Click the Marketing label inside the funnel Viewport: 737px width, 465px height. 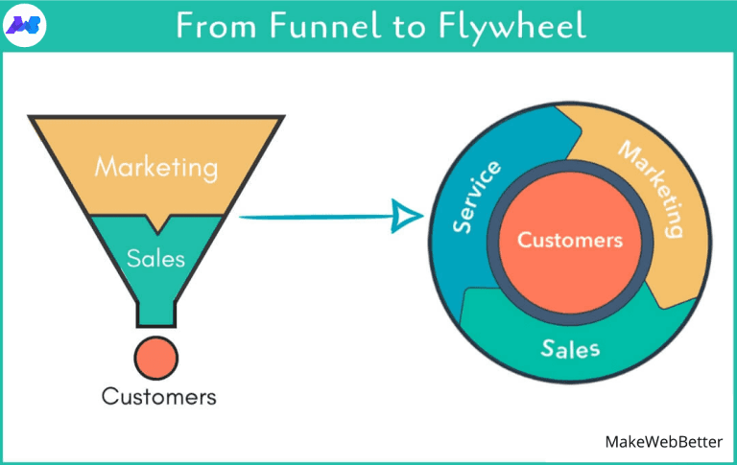(155, 167)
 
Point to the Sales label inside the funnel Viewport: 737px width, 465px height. (155, 258)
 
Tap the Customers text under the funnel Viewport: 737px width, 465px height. (159, 396)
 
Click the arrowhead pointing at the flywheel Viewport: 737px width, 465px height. (408, 216)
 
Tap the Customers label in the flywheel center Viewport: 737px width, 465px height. (570, 240)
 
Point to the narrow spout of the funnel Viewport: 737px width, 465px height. (155, 313)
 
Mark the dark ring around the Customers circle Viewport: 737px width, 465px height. (570, 177)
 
